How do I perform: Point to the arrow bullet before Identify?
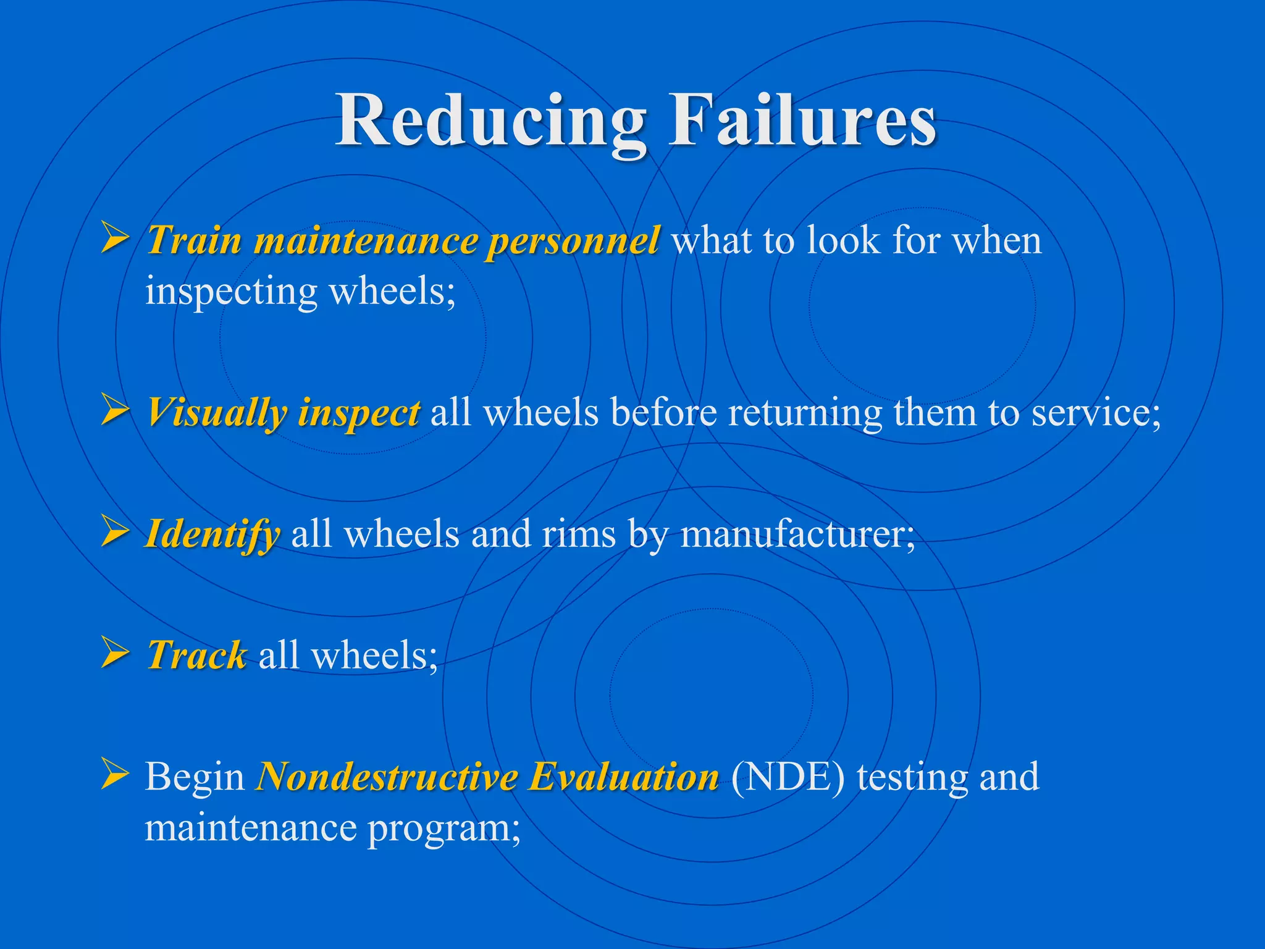pos(115,532)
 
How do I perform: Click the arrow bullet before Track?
pos(115,653)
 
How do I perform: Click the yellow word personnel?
pos(573,241)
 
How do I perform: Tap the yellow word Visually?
pos(216,413)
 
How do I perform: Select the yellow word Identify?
pos(212,534)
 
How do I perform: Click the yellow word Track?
pos(197,655)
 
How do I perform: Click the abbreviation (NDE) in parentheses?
pos(788,777)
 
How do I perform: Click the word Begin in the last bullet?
pos(195,777)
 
